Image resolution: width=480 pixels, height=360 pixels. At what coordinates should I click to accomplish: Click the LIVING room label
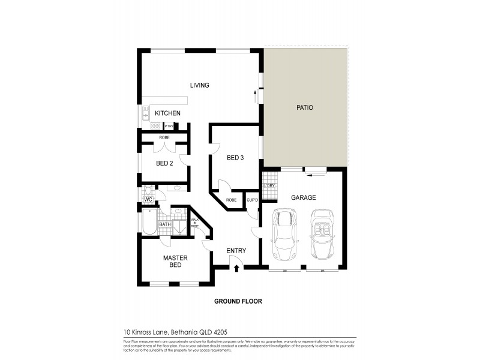[199, 85]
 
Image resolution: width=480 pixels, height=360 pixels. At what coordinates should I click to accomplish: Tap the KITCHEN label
[168, 113]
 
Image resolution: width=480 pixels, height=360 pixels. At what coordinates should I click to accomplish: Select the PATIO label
[305, 108]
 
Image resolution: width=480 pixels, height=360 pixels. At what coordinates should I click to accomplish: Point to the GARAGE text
[303, 197]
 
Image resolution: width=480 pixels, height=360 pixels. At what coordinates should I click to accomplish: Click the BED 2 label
[164, 163]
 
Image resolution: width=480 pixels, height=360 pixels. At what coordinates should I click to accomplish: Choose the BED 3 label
[235, 158]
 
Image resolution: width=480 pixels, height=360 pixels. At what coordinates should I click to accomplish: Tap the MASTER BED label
[176, 261]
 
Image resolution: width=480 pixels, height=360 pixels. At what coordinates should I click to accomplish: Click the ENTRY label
[236, 251]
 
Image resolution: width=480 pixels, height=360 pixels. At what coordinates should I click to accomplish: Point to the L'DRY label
[269, 186]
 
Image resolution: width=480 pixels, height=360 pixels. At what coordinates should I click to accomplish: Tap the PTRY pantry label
[169, 126]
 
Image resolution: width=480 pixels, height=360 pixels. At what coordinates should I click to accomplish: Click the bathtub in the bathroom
[149, 223]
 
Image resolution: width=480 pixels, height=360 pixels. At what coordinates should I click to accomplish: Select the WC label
[147, 199]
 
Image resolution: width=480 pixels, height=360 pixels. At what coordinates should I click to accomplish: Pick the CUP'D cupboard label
[252, 200]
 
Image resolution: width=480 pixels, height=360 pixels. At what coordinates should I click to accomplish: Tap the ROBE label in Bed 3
[231, 200]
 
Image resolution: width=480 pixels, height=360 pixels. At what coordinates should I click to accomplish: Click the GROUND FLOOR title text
[238, 301]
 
